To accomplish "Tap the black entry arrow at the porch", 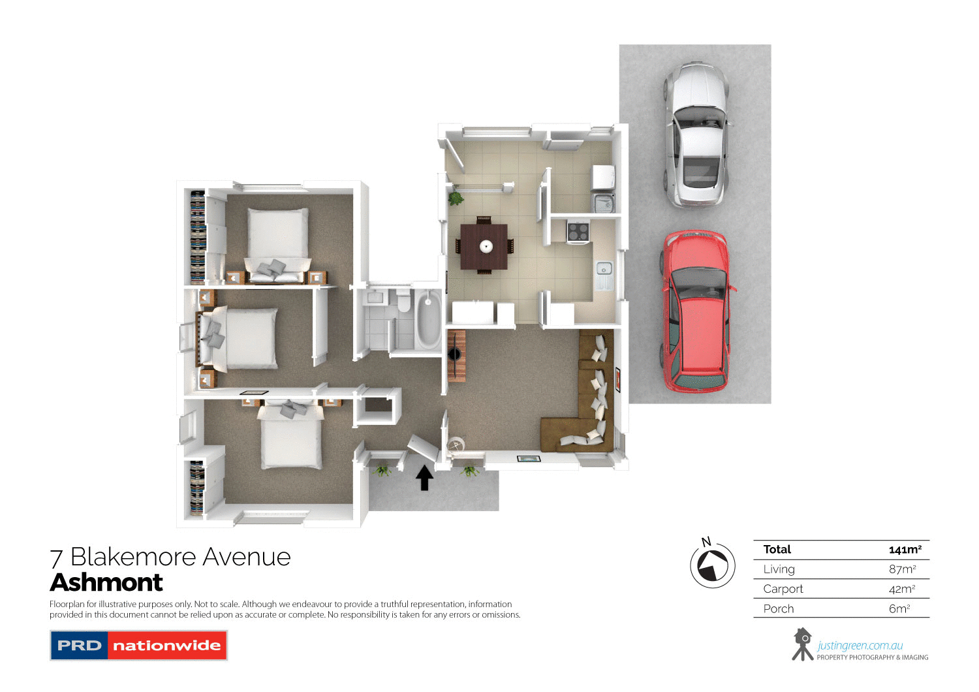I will click(x=424, y=477).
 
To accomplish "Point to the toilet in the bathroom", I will click(x=403, y=302).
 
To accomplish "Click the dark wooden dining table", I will click(x=484, y=246).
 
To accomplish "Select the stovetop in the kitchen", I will click(x=578, y=232).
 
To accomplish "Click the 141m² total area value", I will click(x=905, y=550).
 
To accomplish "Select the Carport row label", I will click(x=783, y=589).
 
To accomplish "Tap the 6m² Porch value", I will click(x=899, y=608).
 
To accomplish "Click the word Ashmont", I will click(x=106, y=582).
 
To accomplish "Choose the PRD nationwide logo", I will click(x=138, y=645).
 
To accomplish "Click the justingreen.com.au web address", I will click(x=860, y=646).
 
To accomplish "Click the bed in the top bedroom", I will click(x=277, y=238).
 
